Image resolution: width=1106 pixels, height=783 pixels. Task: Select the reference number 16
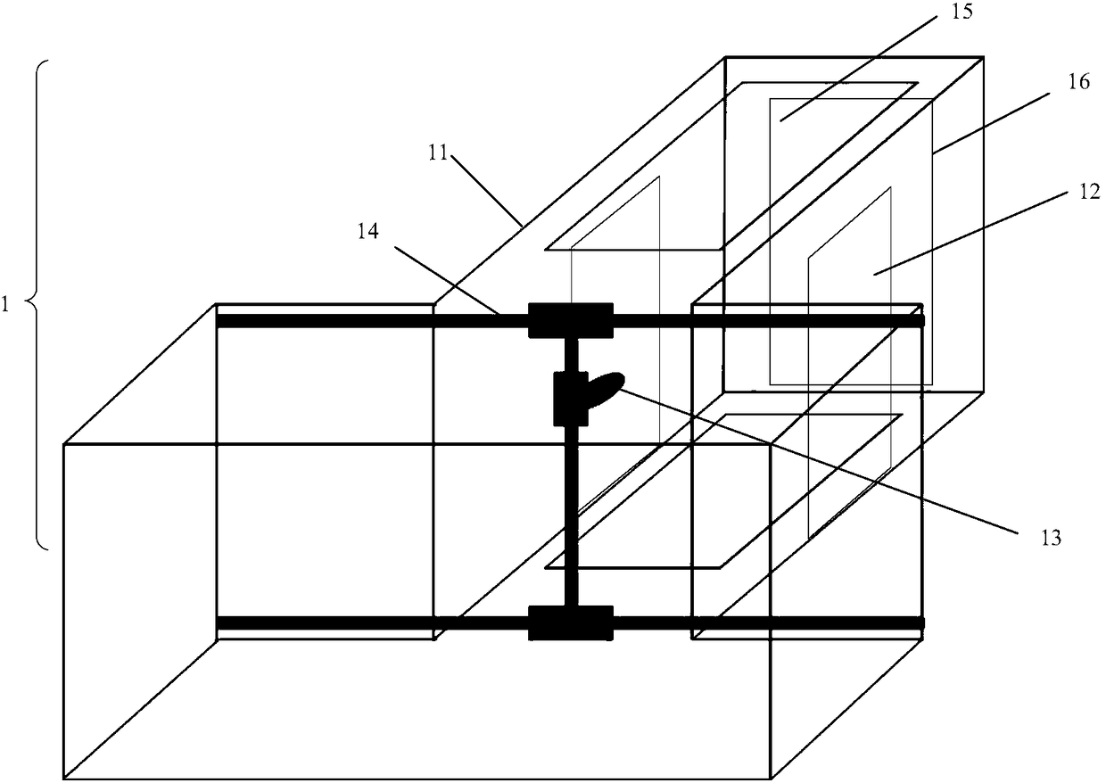point(1078,81)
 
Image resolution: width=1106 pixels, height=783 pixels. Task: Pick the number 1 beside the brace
point(6,303)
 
